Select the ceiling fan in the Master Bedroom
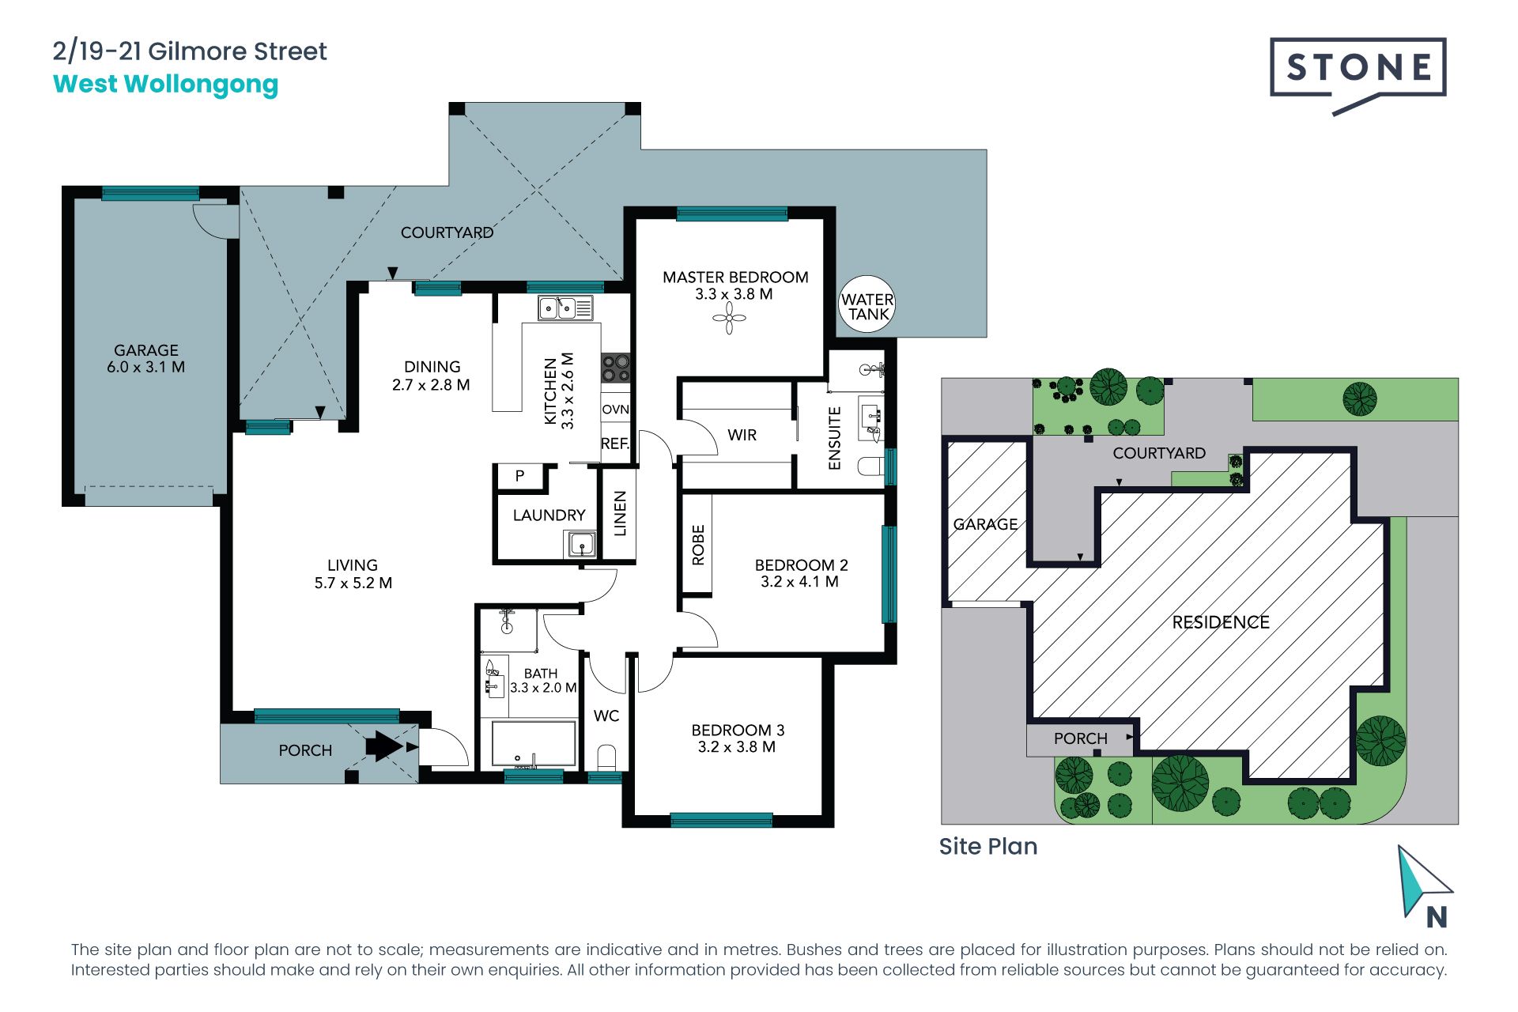tap(729, 319)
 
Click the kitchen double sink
tap(565, 308)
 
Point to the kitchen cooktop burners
tap(616, 368)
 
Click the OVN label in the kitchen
tap(616, 410)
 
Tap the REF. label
tap(615, 444)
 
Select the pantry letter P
tap(519, 476)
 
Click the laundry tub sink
tap(581, 545)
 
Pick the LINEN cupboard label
tap(620, 514)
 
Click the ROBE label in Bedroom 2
tap(698, 546)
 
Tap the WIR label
tap(742, 435)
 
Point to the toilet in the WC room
tap(606, 757)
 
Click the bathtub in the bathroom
tap(534, 743)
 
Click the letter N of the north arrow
tap(1437, 917)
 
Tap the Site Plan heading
tap(988, 847)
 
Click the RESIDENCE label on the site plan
tap(1221, 622)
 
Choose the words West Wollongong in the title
tap(165, 85)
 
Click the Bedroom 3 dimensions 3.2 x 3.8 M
tap(737, 747)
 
